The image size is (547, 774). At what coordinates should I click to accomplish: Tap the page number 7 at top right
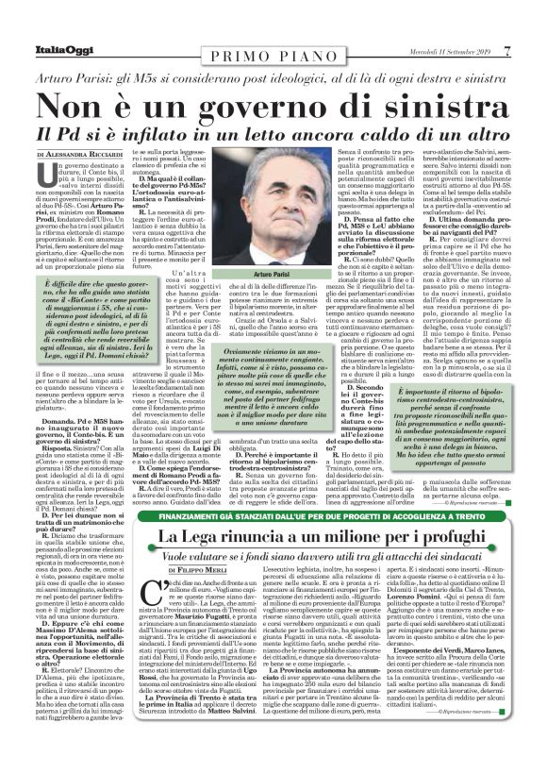(x=533, y=24)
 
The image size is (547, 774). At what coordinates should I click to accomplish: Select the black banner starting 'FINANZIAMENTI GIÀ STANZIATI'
(x=273, y=515)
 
